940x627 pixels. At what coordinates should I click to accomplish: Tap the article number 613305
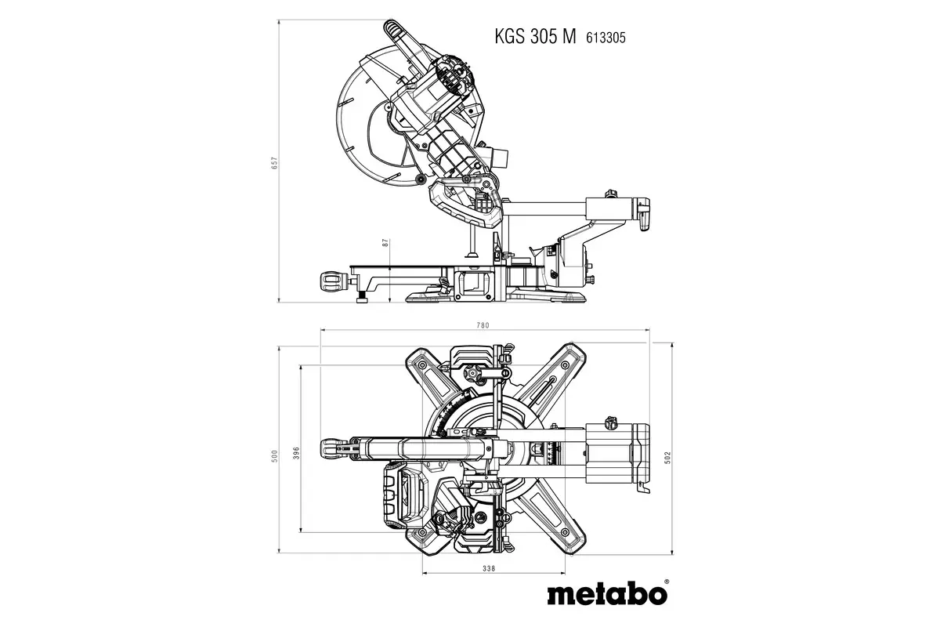point(602,36)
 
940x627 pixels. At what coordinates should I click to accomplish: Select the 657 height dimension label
point(275,162)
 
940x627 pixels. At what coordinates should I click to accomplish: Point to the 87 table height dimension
point(385,243)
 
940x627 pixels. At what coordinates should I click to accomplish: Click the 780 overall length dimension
point(483,325)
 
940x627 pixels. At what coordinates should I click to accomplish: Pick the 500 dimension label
point(275,457)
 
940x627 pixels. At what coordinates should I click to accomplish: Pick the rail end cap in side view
point(642,214)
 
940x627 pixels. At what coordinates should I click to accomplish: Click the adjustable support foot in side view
point(363,297)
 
